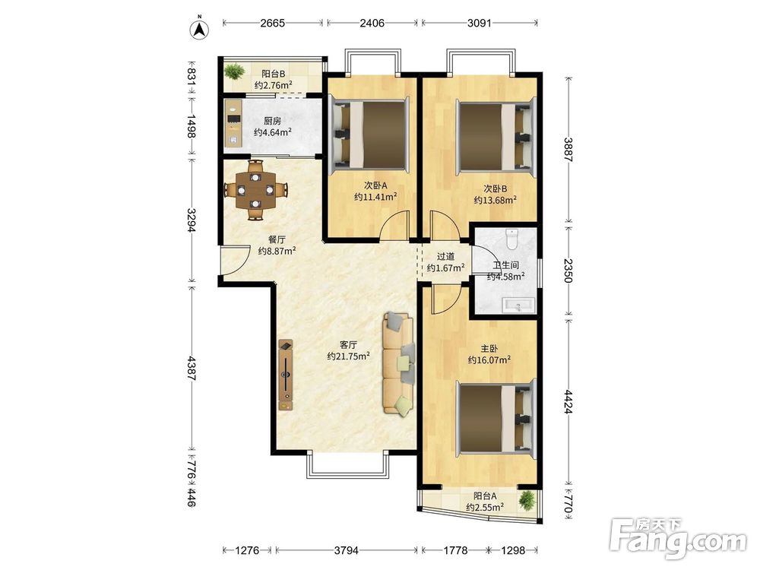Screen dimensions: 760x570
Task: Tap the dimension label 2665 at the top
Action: tap(272, 23)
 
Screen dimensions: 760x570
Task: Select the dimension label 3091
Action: tap(480, 23)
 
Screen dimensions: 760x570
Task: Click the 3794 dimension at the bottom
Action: tap(347, 550)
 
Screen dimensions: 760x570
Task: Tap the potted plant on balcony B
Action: tap(234, 71)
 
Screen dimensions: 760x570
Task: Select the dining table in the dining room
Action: tap(255, 190)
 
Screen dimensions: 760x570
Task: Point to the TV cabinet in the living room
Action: tap(286, 375)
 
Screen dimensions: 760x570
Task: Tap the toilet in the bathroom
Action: tap(511, 239)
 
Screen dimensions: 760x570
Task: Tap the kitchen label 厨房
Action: tap(272, 121)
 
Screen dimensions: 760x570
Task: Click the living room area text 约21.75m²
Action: tap(349, 356)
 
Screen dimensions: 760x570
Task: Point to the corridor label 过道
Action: tap(445, 256)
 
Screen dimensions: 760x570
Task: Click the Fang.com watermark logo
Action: tap(678, 537)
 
